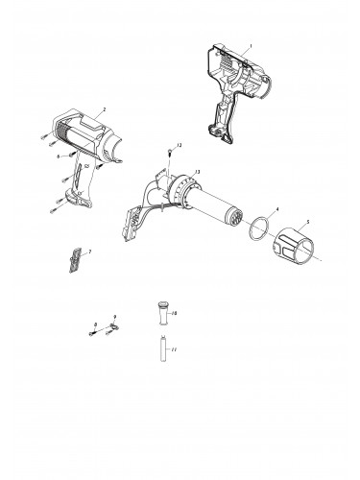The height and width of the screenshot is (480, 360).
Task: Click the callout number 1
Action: pos(250,46)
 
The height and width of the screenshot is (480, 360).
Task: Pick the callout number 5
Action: pos(307,223)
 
